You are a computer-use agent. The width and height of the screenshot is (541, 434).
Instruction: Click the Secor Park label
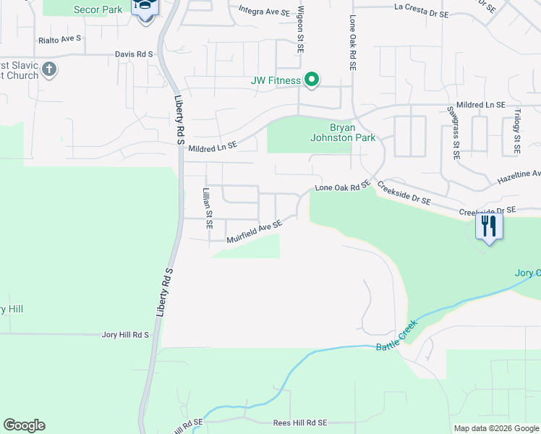tap(98, 9)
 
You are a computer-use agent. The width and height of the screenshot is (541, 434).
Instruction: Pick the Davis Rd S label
tap(135, 54)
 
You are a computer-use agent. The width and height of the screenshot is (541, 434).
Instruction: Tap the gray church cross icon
tap(49, 70)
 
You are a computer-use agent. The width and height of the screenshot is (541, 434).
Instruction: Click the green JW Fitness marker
tap(312, 80)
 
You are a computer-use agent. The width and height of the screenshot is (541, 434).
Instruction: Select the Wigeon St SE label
tap(299, 33)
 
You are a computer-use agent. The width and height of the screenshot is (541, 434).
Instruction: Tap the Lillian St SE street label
tap(207, 209)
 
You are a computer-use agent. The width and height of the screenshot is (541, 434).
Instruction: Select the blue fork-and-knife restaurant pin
tap(489, 227)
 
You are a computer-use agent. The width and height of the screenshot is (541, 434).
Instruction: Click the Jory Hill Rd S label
tap(125, 335)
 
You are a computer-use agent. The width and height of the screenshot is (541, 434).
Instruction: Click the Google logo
tap(24, 425)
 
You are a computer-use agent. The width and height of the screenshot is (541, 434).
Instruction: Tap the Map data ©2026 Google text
tap(495, 428)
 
